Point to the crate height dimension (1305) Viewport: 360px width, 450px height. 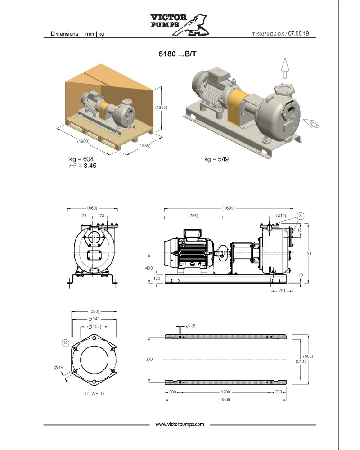[x=161, y=107]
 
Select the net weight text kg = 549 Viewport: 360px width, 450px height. [x=216, y=159]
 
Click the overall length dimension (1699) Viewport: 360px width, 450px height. [x=228, y=208]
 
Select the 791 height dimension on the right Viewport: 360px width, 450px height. [x=308, y=253]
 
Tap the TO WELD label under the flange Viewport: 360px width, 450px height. [x=94, y=393]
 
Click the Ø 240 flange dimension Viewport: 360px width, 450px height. [x=94, y=319]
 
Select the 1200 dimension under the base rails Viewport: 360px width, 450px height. [x=225, y=391]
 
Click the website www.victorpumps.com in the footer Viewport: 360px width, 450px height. [x=180, y=424]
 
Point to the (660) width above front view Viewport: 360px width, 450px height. [x=92, y=208]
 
